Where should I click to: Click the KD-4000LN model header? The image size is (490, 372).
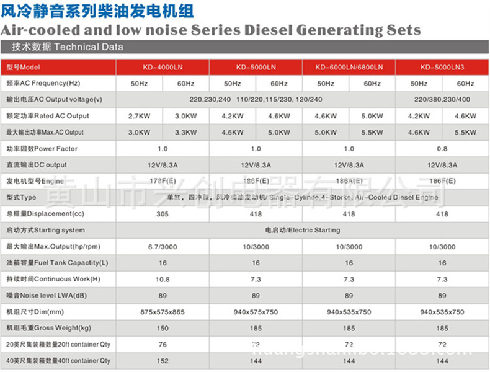coord(163,67)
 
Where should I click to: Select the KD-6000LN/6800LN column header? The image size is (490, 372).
coord(349,67)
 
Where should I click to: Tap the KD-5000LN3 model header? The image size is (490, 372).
coord(442,67)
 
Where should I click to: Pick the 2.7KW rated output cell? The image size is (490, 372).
coord(140,116)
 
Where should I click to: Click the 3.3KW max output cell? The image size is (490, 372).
coord(185,132)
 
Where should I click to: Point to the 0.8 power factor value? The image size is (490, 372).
coord(442,149)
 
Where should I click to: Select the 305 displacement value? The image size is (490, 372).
coord(163,214)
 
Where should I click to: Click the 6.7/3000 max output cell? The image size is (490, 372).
coord(163,247)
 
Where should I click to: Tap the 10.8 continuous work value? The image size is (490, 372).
coord(163,279)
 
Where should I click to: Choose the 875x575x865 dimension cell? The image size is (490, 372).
coord(163,312)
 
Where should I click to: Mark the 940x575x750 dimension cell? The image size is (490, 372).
coord(256,312)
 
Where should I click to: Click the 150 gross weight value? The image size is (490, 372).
coord(163,328)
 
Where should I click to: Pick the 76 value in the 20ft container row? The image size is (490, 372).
coord(163,344)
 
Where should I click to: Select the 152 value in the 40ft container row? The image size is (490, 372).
coord(163,360)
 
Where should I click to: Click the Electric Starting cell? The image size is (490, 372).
coord(303,230)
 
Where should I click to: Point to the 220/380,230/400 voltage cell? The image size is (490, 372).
coord(442,99)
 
